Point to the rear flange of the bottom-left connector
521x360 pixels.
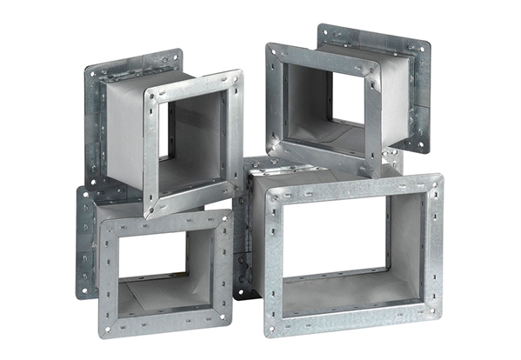pos(86,243)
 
